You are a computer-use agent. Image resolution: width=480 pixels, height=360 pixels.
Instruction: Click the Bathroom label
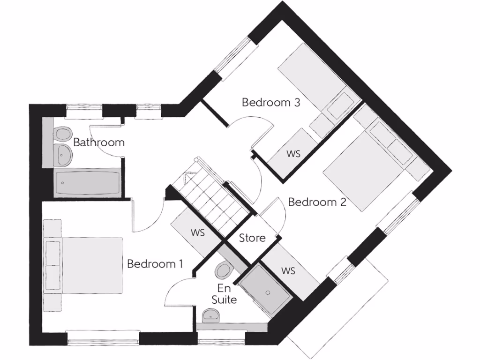pyautogui.click(x=99, y=142)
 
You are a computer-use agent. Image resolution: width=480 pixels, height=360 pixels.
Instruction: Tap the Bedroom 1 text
pyautogui.click(x=155, y=264)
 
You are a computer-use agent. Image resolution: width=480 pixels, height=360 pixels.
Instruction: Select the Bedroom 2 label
pyautogui.click(x=317, y=202)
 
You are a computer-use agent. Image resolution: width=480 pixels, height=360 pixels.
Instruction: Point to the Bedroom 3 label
pyautogui.click(x=270, y=102)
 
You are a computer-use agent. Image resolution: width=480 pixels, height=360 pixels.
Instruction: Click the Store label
pyautogui.click(x=252, y=238)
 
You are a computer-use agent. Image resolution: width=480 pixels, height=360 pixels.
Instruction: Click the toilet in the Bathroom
pyautogui.click(x=61, y=134)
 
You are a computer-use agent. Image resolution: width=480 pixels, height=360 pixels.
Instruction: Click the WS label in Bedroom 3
pyautogui.click(x=293, y=153)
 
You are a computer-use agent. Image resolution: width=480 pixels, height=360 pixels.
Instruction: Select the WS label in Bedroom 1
pyautogui.click(x=197, y=232)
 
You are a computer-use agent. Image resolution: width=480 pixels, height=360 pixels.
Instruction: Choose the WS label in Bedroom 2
pyautogui.click(x=288, y=270)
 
